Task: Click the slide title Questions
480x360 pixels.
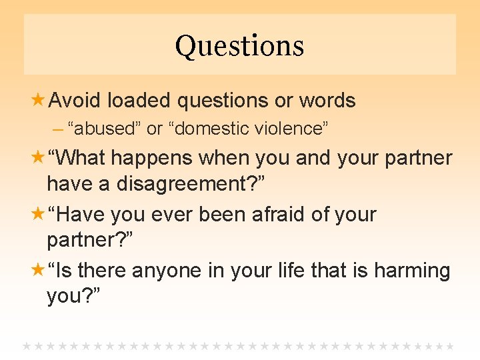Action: tap(239, 46)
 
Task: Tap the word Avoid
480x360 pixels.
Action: tap(75, 101)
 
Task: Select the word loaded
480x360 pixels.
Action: tap(139, 101)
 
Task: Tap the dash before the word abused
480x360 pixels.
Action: tap(59, 129)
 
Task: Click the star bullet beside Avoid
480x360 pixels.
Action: tap(39, 101)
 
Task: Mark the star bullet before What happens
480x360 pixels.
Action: tap(39, 158)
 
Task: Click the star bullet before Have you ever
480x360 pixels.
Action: tap(39, 215)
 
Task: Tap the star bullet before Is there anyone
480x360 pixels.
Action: tap(39, 271)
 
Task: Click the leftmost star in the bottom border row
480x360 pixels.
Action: tap(27, 346)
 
